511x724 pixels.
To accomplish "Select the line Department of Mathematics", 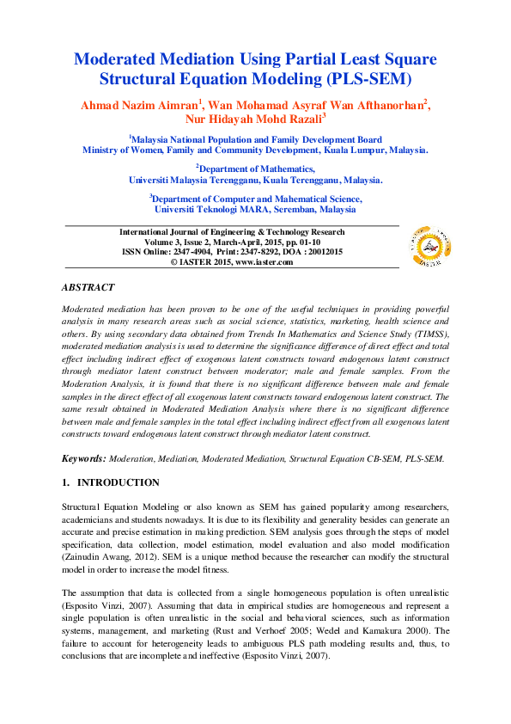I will tap(256, 169).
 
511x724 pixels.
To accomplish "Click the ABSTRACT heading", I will tap(88, 286).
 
